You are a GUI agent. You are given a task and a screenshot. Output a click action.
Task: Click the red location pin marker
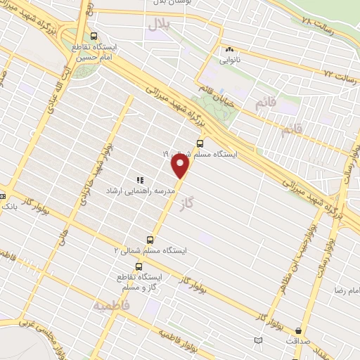(181, 166)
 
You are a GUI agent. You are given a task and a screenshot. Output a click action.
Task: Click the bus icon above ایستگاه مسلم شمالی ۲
(150, 240)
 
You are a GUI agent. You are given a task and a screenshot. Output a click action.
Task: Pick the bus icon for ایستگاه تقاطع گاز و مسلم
(138, 266)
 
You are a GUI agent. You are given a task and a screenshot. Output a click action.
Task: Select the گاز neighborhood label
(205, 203)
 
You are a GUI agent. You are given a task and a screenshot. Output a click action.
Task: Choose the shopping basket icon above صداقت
(300, 330)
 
